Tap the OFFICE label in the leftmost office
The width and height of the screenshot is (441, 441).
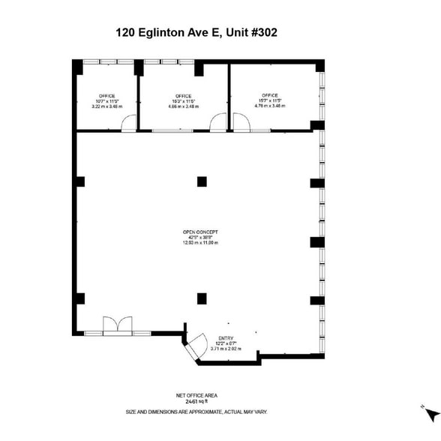(106, 96)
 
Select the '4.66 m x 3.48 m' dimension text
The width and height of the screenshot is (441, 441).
(184, 106)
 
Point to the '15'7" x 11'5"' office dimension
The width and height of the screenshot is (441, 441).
(270, 100)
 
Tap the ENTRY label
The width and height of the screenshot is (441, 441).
(226, 338)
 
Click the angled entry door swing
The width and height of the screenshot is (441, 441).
(196, 346)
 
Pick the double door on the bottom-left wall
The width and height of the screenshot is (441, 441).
(117, 326)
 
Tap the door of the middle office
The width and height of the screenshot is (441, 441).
(218, 123)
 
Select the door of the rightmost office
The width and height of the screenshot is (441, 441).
(241, 123)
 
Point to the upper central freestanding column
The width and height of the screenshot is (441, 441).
(202, 181)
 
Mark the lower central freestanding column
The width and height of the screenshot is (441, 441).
(202, 298)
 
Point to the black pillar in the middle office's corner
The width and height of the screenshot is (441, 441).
(199, 69)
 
